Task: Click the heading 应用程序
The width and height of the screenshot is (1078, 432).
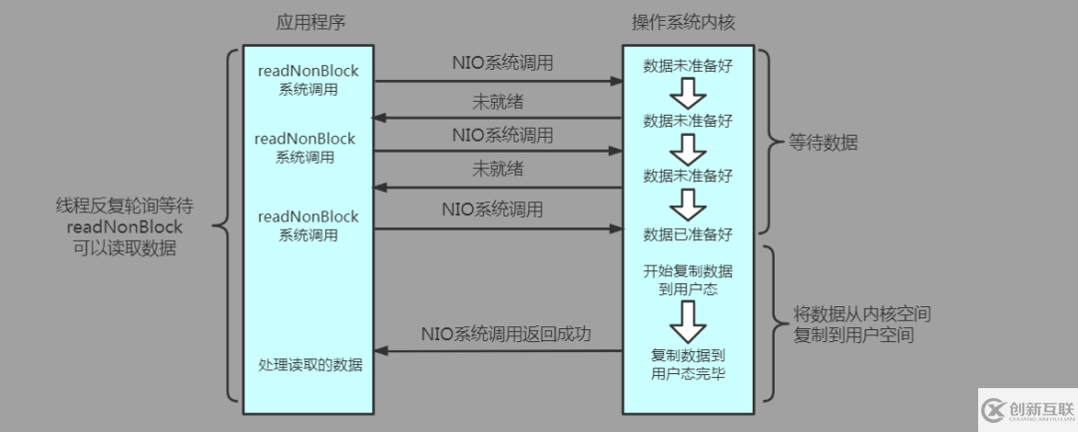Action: (307, 23)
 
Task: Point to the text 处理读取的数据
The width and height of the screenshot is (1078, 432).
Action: (307, 365)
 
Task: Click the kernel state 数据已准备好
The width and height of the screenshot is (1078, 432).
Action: (688, 234)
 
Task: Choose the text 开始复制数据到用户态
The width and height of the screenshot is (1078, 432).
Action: (688, 279)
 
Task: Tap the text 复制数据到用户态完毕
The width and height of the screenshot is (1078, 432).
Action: (688, 363)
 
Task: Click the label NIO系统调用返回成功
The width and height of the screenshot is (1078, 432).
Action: (506, 333)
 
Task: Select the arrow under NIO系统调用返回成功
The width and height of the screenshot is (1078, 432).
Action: (498, 350)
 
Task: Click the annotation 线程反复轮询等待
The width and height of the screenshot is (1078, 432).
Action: (124, 207)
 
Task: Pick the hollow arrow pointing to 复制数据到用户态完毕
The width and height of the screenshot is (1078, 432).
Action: (688, 320)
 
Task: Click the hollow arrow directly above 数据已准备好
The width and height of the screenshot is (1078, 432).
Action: (688, 206)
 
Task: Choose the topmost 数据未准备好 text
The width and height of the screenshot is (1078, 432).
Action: (688, 65)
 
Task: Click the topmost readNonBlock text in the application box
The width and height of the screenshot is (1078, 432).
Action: (307, 72)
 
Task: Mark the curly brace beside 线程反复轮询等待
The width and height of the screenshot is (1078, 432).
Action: (222, 229)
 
